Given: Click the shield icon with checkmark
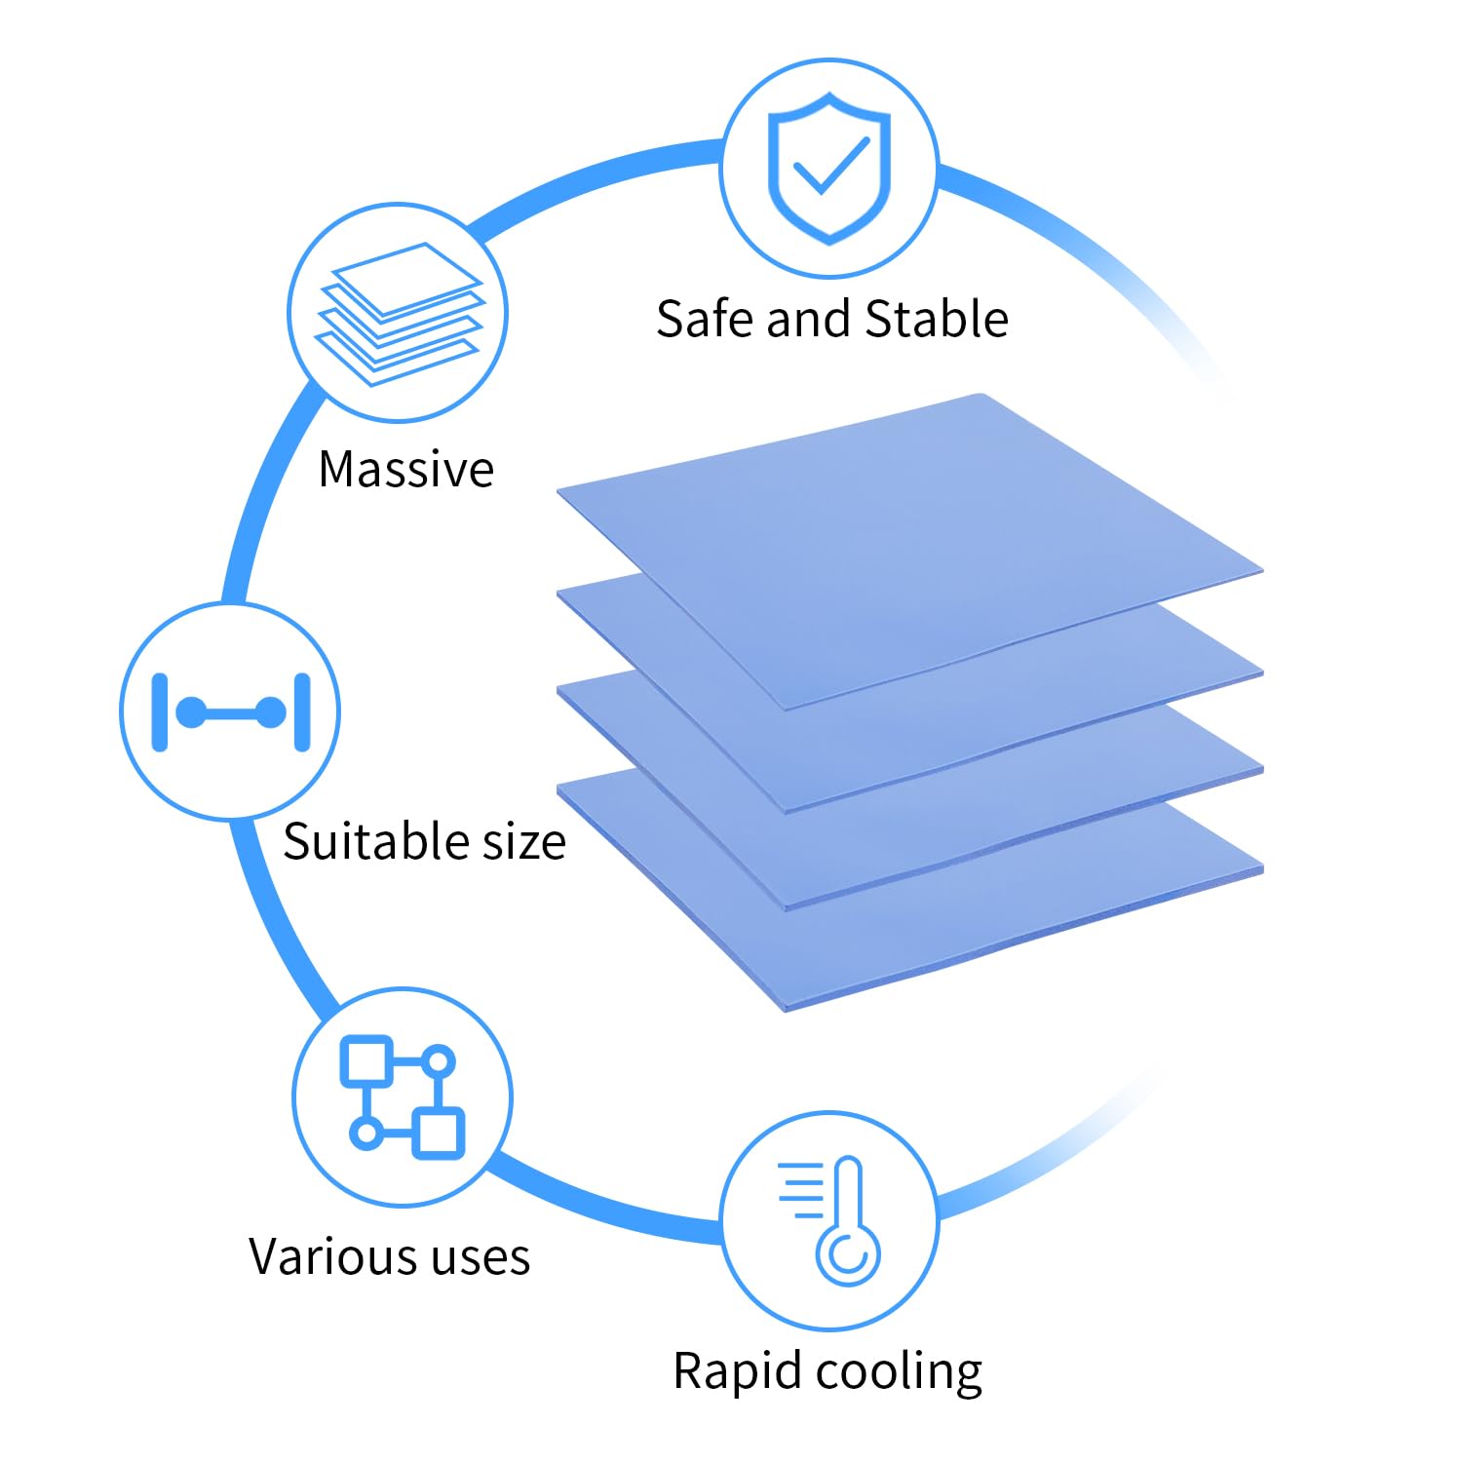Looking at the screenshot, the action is (829, 168).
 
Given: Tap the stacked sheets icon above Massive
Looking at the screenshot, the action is (399, 314).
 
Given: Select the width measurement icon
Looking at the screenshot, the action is (231, 712).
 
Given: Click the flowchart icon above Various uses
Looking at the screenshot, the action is (402, 1097).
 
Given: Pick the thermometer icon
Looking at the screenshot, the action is (830, 1220).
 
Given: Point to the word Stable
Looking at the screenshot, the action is (937, 319).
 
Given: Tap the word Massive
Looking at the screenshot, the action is (406, 469).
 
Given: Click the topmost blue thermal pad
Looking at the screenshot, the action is (910, 551).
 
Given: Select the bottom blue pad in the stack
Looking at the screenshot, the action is (910, 892).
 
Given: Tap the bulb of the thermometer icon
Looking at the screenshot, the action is (848, 1255).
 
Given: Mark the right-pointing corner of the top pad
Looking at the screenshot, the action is (1262, 570).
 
